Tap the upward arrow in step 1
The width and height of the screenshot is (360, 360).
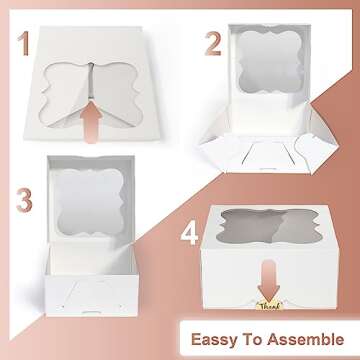[93, 112]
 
